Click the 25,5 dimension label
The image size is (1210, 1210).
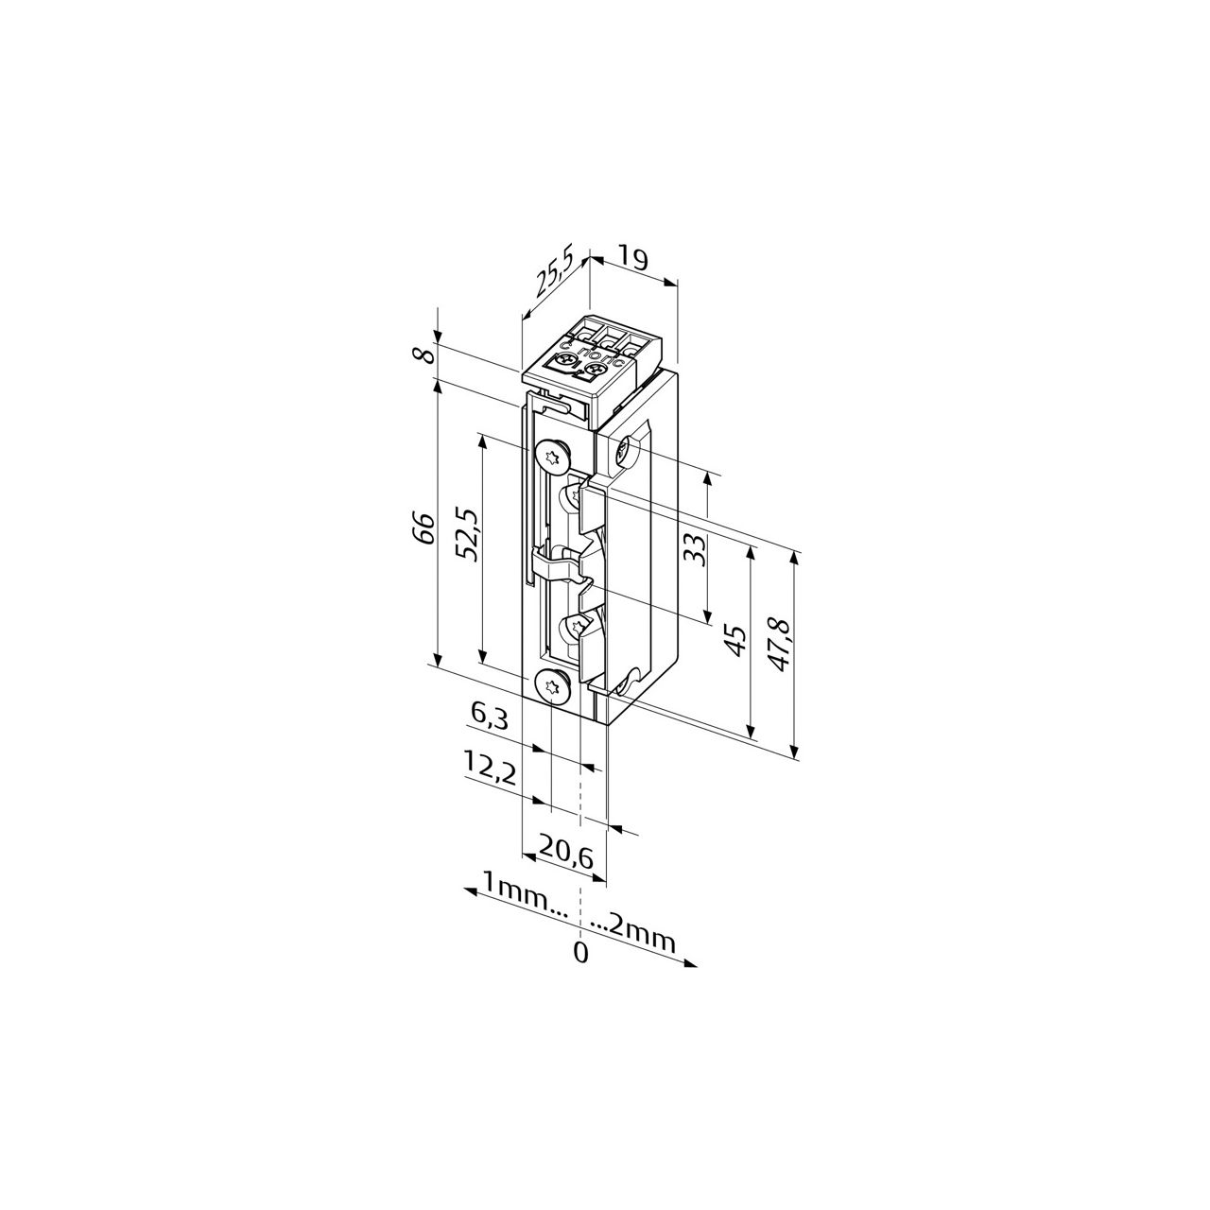point(554,274)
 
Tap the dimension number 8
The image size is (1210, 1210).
point(426,355)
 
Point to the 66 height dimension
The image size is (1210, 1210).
point(425,528)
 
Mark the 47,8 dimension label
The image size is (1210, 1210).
point(781,645)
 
